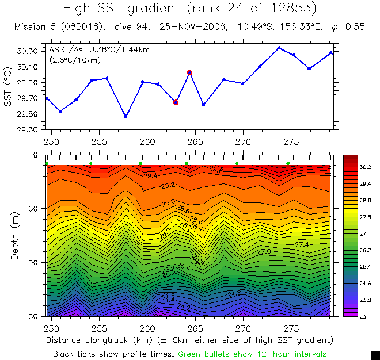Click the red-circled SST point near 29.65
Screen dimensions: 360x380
tap(176, 102)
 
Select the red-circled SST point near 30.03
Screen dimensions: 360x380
tap(189, 72)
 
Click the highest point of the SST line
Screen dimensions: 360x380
tap(279, 48)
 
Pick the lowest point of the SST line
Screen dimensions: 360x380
tap(126, 117)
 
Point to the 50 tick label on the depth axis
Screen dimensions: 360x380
tap(33, 208)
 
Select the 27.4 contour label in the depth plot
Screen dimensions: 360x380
tap(302, 245)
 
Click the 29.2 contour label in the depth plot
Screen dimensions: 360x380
tap(168, 186)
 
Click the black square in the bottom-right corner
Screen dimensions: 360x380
tap(375, 355)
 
